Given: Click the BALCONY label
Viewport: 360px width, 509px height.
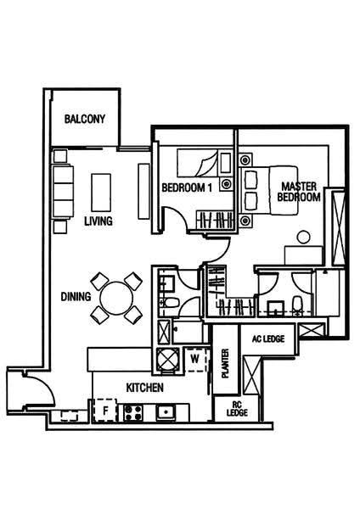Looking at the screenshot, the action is (85, 119).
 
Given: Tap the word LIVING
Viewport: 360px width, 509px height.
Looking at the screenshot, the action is (98, 221).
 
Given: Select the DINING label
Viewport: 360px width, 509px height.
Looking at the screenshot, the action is (76, 296).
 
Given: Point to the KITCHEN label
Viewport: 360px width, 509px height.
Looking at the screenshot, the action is (145, 388).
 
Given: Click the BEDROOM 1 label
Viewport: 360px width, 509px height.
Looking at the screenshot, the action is (187, 187).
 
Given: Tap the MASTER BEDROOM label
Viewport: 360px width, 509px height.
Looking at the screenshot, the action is (299, 192).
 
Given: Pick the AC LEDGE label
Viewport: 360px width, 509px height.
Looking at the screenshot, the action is (268, 338).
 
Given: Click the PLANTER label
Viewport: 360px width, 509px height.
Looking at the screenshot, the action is (225, 364).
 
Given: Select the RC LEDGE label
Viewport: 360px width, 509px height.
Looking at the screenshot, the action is (237, 409).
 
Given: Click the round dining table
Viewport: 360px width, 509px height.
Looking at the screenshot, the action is (116, 298).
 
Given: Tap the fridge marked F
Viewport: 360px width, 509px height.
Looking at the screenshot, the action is (105, 411).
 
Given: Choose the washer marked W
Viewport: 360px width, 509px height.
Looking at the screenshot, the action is (195, 360).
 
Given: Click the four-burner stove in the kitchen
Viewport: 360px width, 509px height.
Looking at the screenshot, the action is (133, 413).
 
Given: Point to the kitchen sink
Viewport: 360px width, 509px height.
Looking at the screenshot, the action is (166, 412).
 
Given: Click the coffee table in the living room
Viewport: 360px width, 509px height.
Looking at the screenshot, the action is (101, 193).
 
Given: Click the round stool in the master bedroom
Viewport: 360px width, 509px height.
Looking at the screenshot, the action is (303, 237).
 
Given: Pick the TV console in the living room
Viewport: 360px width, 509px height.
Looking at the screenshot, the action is (144, 191).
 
